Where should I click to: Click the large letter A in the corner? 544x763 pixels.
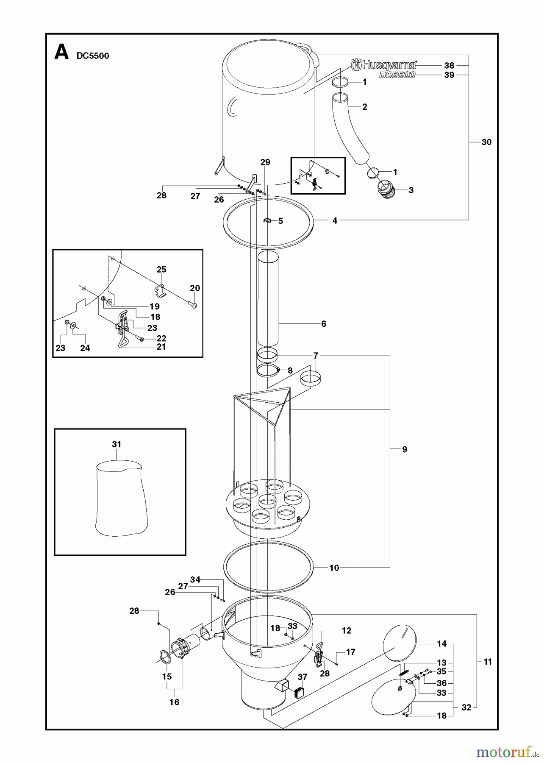point(61,53)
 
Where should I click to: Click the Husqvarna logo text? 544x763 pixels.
point(384,65)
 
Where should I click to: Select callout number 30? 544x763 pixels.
point(486,142)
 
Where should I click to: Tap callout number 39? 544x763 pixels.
point(449,75)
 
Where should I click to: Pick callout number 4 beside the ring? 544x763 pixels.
point(335,220)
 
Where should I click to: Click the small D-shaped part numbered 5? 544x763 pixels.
point(268,220)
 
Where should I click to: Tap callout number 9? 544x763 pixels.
point(405,449)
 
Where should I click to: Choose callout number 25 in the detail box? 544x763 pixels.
point(161,270)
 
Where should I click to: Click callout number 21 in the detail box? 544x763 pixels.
point(161,347)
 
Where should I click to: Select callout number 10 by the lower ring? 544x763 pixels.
point(334,568)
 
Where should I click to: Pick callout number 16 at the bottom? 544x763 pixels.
point(174,702)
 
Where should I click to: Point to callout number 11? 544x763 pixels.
point(488,662)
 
